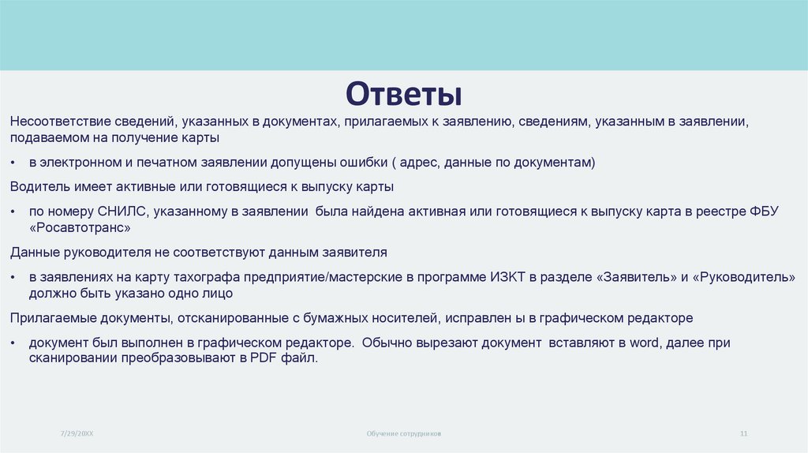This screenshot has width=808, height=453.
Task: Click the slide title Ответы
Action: point(403,92)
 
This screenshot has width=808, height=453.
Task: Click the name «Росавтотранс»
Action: point(80,226)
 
